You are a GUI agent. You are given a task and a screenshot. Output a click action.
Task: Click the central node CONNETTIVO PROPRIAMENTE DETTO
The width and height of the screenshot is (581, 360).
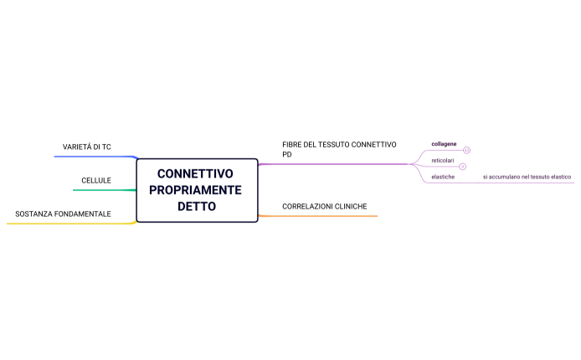point(197,190)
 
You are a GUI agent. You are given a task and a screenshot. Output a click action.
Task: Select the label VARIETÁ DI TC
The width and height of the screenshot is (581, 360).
point(87,147)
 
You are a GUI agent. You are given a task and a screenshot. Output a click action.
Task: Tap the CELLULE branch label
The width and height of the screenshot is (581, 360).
point(96,180)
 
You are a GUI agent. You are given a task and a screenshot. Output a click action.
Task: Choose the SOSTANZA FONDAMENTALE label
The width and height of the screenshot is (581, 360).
point(63,213)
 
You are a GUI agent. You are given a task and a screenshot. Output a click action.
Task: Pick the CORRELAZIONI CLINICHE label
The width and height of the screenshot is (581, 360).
point(324,206)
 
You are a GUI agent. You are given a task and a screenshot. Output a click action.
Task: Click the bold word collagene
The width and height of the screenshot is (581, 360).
point(444,144)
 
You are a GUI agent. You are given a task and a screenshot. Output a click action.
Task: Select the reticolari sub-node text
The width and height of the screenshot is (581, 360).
point(443,160)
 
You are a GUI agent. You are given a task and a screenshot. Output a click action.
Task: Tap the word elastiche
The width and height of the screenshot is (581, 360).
point(443,177)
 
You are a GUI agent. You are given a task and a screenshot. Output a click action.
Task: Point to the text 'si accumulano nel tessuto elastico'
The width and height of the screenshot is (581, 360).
point(527,177)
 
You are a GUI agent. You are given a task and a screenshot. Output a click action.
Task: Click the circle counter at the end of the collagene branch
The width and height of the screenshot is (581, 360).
point(466,151)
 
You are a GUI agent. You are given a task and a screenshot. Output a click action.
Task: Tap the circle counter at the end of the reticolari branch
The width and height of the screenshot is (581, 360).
point(463,167)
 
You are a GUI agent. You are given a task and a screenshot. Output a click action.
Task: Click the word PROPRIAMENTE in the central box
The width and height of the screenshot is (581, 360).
point(195,190)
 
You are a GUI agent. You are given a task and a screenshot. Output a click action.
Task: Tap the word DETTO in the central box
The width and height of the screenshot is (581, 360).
point(197,206)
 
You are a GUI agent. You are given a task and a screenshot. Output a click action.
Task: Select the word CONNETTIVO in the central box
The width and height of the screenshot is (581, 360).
point(195,174)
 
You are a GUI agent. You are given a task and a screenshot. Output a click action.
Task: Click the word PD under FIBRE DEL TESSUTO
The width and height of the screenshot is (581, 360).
point(287,155)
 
